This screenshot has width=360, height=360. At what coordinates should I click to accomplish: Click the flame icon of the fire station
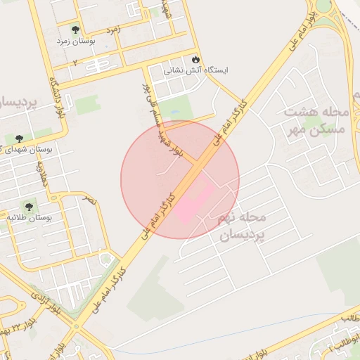195,59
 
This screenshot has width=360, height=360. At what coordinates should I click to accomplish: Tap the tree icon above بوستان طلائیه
28,206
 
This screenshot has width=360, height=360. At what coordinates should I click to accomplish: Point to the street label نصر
89,200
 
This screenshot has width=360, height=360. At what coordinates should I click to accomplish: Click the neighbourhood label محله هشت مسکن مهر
316,121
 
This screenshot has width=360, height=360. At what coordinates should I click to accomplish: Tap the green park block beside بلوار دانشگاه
88,105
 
